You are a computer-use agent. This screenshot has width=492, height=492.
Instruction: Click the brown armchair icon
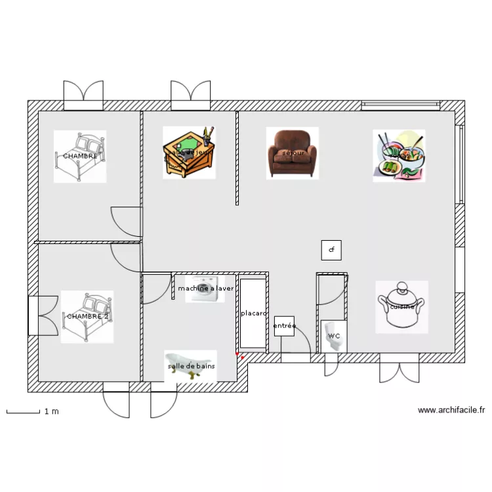292,153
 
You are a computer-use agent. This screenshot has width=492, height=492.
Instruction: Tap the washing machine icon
206,294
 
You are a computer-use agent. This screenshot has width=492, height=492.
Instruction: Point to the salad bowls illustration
399,156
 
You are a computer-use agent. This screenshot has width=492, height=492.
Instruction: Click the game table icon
189,152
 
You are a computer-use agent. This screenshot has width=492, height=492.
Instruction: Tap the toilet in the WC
335,336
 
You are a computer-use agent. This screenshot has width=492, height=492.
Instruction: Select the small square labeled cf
331,250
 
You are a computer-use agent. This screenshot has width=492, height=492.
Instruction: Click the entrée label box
284,325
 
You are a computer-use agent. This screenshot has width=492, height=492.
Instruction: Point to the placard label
253,314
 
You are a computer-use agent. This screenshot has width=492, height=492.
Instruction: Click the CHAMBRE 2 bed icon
87,316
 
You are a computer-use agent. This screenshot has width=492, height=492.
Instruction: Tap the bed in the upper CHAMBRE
80,156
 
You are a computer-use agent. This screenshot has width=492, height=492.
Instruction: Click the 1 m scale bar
24,412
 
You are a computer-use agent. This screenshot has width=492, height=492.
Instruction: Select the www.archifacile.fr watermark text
451,411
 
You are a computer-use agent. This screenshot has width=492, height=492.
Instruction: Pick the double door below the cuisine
399,369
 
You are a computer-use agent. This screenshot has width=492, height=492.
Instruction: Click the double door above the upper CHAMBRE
83,95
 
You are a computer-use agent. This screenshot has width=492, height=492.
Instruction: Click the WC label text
335,336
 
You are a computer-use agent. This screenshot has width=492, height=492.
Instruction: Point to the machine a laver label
205,288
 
